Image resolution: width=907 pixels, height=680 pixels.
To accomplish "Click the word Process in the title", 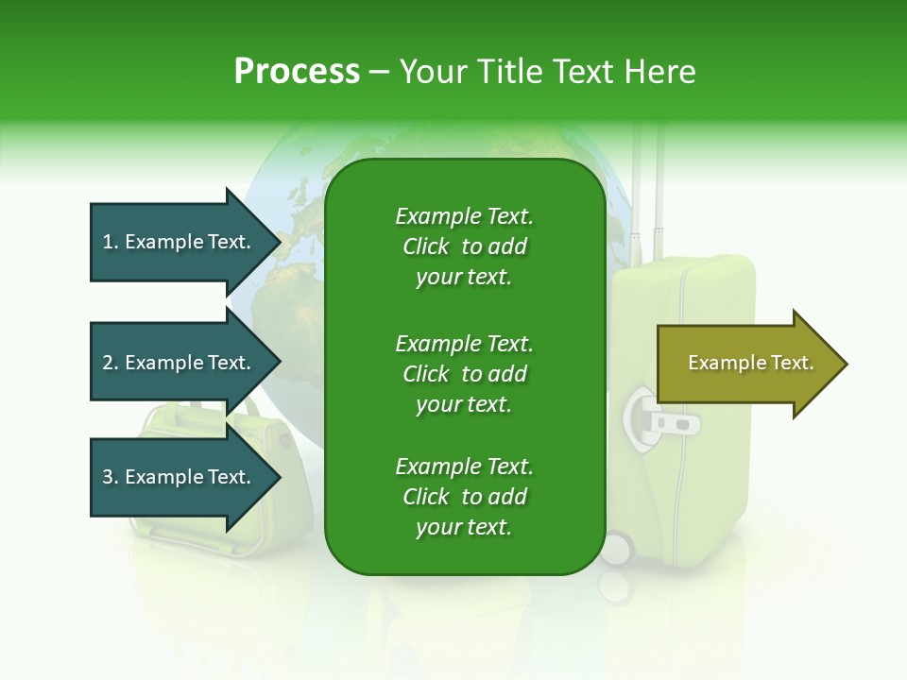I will point(297,72).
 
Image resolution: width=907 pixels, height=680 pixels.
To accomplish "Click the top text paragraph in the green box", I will point(464,246).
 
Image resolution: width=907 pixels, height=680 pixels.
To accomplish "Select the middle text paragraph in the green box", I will point(464,374).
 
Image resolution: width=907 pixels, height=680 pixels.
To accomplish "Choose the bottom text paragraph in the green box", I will point(464,497).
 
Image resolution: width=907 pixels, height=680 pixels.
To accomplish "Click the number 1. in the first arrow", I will point(111,242).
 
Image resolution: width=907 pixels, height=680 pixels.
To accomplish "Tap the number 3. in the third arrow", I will point(111,477).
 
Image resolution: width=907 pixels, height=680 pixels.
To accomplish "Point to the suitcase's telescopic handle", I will point(647,189).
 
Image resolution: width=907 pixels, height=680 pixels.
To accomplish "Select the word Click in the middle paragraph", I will point(425,374).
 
